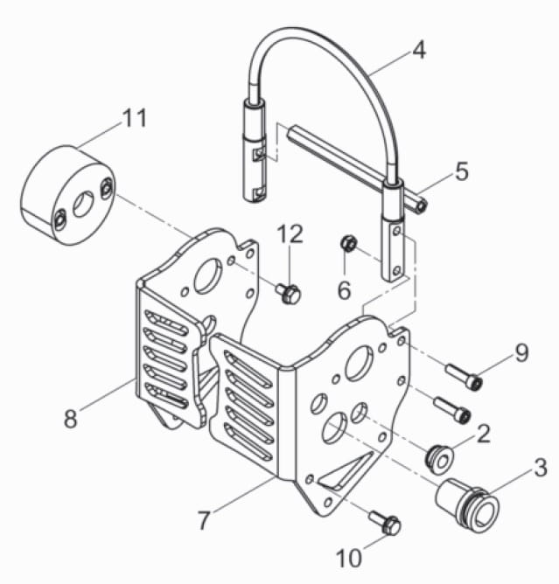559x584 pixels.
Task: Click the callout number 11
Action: [x=135, y=118]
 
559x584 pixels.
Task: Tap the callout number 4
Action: [x=419, y=50]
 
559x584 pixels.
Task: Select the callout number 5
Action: [x=461, y=171]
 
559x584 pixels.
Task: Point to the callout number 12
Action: [x=290, y=233]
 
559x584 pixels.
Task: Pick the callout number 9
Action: [x=521, y=352]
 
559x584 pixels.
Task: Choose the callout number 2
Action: [x=484, y=433]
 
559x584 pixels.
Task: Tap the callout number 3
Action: [x=540, y=468]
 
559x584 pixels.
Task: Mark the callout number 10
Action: [x=349, y=558]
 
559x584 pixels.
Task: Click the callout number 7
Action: [x=204, y=519]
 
